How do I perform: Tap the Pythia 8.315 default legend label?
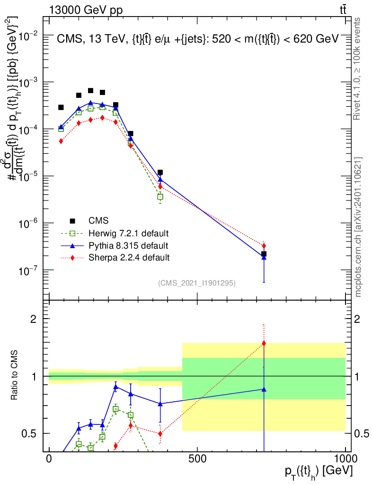128,245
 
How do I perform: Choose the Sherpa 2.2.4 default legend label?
129,258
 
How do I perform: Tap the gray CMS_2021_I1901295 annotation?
197,283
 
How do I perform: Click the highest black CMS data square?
90,90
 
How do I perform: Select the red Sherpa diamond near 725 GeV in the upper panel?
264,246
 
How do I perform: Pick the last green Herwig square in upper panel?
160,196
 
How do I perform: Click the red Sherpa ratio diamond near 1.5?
264,343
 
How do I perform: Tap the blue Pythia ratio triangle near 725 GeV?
264,389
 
